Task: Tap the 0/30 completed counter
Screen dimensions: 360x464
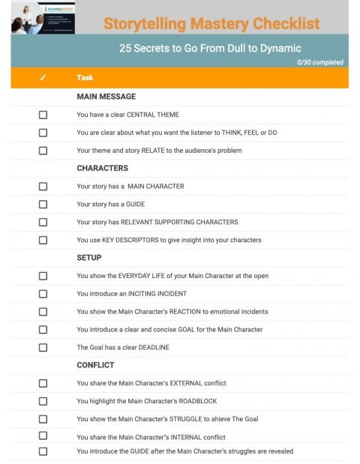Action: tap(320, 62)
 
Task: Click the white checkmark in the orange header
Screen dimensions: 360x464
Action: tap(43, 78)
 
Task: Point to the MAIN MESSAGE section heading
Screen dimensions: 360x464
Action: tap(106, 97)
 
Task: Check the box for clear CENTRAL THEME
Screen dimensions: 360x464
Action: tap(43, 115)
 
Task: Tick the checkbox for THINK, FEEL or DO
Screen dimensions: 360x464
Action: tap(43, 133)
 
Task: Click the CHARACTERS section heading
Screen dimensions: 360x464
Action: tap(102, 169)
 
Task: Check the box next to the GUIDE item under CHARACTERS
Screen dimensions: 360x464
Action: tap(43, 205)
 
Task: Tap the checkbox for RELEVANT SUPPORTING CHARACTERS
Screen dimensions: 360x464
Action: tap(43, 223)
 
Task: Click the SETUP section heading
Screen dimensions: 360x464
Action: tap(89, 258)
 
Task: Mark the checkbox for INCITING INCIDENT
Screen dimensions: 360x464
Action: tap(43, 294)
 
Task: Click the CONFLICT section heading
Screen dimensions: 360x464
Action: tap(95, 366)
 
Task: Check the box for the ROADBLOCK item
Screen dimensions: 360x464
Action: tap(43, 402)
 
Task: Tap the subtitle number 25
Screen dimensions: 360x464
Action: tap(124, 48)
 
